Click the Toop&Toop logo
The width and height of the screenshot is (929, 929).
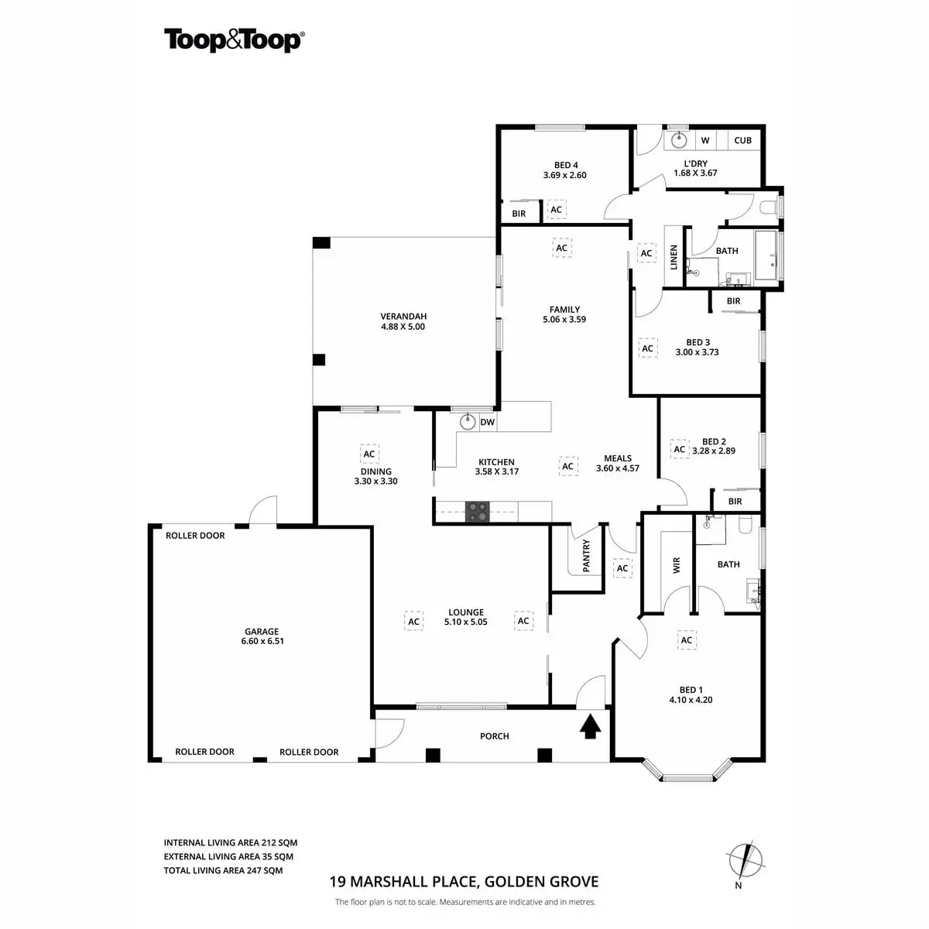coord(233,39)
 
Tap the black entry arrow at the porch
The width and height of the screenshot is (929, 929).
coord(591,727)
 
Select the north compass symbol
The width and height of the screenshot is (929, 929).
coord(745,859)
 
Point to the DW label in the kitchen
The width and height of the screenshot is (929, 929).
coord(487,422)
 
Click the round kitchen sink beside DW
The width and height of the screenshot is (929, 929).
coord(467,422)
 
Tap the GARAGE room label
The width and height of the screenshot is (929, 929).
coord(262,631)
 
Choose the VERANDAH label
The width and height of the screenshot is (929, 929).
coord(403,316)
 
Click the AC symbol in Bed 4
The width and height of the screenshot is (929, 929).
coord(556,210)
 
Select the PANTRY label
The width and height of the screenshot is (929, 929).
coord(586,557)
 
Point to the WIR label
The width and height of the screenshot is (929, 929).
coord(676,565)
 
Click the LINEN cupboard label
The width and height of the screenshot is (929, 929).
coord(674,257)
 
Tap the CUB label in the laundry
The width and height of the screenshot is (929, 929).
coord(742,140)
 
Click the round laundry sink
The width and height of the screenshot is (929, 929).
coord(679,140)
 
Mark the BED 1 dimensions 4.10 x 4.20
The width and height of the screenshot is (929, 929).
coord(691,700)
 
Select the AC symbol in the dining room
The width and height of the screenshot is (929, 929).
coord(369,454)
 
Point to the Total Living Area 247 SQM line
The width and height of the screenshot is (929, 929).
coord(224,870)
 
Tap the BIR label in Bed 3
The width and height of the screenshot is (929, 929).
coord(733,301)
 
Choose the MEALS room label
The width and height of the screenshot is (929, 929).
coord(618,458)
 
